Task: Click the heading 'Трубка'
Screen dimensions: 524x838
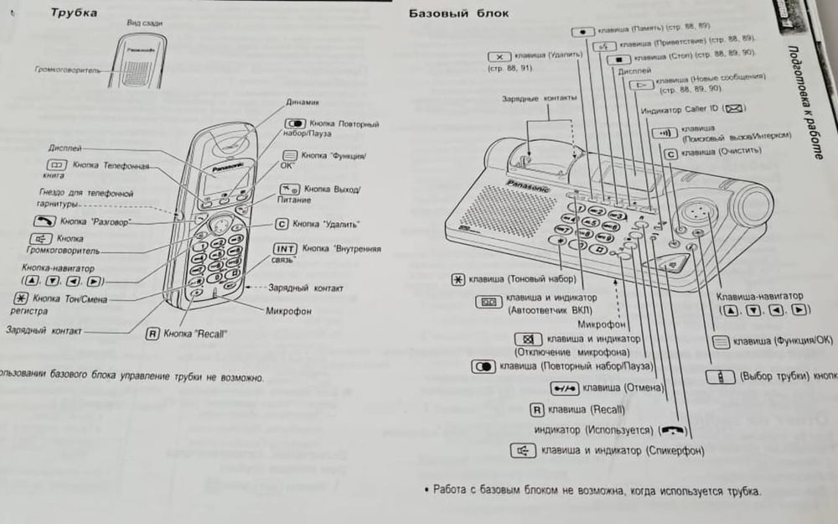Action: pyautogui.click(x=74, y=13)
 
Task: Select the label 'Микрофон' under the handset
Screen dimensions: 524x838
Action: pyautogui.click(x=288, y=311)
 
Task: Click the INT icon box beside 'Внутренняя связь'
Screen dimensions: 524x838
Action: pyautogui.click(x=285, y=249)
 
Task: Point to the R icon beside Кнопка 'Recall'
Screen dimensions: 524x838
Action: pyautogui.click(x=153, y=333)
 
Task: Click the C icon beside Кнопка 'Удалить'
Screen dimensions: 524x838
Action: pyautogui.click(x=282, y=225)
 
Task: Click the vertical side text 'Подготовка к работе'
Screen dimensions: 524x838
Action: pyautogui.click(x=809, y=101)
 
